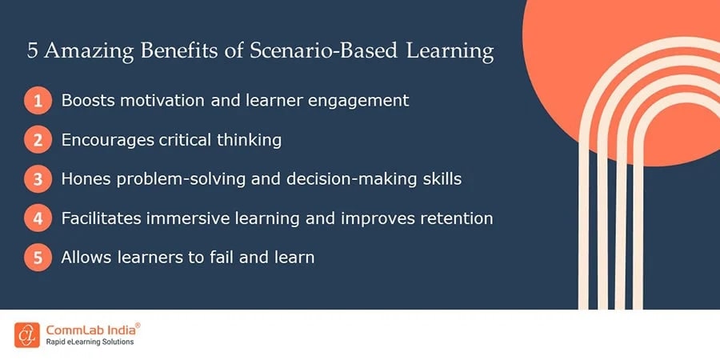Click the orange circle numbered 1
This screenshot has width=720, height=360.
(x=38, y=100)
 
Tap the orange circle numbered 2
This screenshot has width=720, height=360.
(x=38, y=139)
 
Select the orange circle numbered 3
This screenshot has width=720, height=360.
(x=38, y=178)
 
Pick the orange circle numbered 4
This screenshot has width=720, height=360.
(x=38, y=218)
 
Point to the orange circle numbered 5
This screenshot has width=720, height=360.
(x=38, y=257)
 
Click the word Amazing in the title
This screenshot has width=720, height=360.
(x=89, y=51)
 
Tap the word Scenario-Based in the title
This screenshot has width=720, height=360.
(x=324, y=50)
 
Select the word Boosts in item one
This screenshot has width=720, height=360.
(x=87, y=100)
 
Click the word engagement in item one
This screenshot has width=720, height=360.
(x=358, y=101)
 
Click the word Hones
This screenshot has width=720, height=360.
(x=86, y=178)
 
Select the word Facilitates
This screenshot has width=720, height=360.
(x=101, y=218)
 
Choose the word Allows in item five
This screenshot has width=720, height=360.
(x=86, y=257)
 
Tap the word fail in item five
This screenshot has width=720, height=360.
(x=219, y=257)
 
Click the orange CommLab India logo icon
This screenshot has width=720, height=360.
(x=26, y=334)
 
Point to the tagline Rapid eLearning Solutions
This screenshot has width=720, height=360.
(x=90, y=342)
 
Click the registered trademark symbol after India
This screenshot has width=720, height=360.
(x=138, y=326)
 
